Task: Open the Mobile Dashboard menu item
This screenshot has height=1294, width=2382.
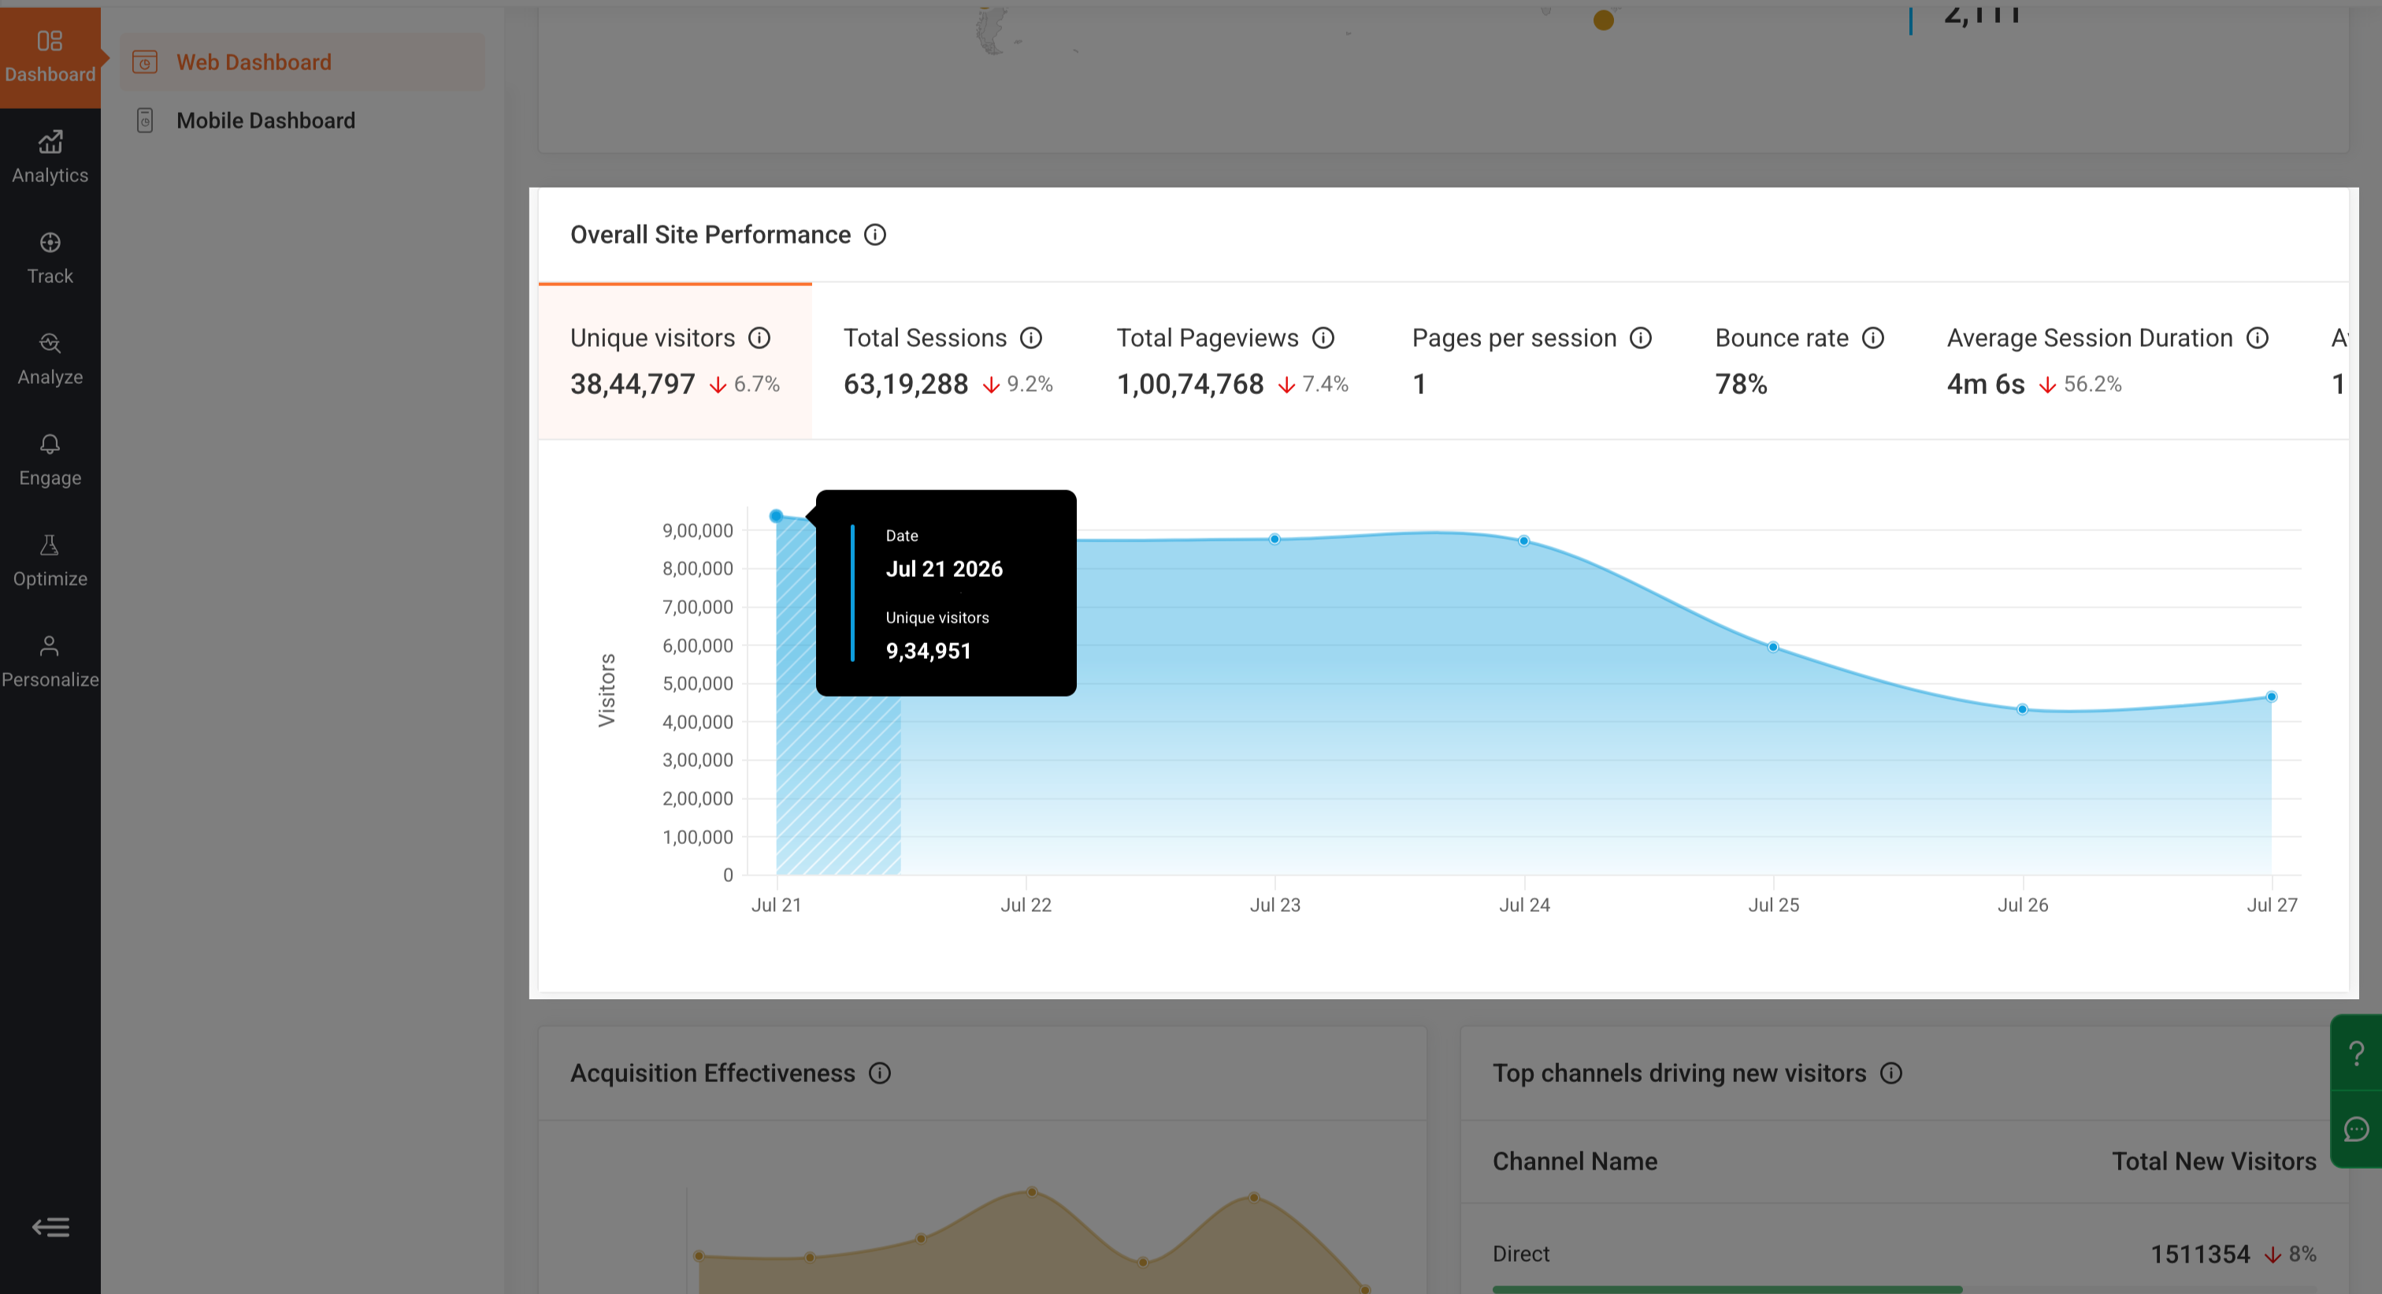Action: (265, 121)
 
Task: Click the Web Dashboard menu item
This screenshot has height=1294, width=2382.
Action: (254, 62)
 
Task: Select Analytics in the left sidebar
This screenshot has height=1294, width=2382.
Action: (50, 158)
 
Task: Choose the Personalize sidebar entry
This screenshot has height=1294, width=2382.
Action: (50, 661)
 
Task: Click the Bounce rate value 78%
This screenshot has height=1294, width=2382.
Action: (1741, 384)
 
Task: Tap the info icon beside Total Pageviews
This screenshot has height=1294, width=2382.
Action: (1323, 337)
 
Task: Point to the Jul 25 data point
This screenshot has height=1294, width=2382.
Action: (1772, 646)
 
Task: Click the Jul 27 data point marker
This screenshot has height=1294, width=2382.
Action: (2271, 697)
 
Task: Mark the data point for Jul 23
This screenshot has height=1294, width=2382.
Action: (1274, 538)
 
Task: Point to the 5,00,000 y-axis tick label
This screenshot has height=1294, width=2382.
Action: (697, 683)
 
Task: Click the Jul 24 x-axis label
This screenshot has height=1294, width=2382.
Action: (1524, 905)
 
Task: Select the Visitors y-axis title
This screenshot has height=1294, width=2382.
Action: (607, 690)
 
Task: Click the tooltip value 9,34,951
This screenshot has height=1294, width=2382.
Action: (929, 650)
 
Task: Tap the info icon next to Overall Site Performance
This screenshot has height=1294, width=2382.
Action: (875, 235)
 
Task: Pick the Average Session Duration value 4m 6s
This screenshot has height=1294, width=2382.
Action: (1985, 384)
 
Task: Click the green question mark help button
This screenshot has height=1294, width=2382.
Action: (2357, 1053)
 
